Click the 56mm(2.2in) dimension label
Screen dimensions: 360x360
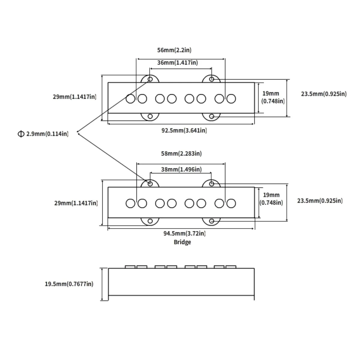point(174,50)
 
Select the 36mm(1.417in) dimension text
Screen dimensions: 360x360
point(178,63)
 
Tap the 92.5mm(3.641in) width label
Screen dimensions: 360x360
point(184,130)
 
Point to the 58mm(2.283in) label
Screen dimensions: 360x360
point(181,154)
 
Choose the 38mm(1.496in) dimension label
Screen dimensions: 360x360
point(181,169)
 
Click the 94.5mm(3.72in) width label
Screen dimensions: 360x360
point(184,233)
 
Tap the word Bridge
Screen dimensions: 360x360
point(182,242)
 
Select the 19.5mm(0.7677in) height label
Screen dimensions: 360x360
point(69,284)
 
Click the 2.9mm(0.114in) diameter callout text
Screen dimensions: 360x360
point(47,134)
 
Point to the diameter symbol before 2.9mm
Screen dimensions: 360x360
point(21,134)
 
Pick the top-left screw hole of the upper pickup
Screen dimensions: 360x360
point(150,79)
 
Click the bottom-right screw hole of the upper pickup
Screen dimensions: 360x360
point(211,116)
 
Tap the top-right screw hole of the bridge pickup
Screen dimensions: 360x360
point(211,184)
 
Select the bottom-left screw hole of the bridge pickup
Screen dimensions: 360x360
point(150,221)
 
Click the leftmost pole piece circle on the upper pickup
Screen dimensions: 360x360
point(130,99)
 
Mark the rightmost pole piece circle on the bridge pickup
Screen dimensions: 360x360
point(231,203)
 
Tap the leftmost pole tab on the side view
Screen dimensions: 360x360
point(130,267)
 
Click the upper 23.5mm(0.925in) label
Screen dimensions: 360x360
point(324,94)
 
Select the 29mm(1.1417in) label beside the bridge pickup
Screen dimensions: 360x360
point(76,203)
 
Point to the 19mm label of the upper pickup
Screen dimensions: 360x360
point(271,93)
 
